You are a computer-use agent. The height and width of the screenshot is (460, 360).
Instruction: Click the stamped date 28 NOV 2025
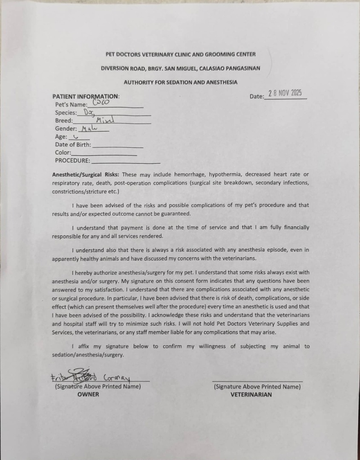click(x=285, y=94)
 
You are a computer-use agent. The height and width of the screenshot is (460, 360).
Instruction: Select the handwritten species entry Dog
click(x=89, y=112)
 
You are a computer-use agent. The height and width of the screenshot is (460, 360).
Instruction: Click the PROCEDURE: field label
click(x=72, y=161)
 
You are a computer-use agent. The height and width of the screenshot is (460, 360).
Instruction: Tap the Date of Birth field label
click(x=73, y=145)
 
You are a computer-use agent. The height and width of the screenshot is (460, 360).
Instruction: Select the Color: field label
click(x=63, y=152)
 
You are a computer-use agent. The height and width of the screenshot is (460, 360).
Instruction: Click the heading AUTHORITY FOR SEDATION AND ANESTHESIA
click(x=181, y=82)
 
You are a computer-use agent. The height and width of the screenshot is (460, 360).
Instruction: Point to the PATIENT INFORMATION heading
click(x=86, y=96)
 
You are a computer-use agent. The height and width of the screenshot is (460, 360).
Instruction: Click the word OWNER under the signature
click(x=88, y=394)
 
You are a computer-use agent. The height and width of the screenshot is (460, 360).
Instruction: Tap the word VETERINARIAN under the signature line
click(x=251, y=394)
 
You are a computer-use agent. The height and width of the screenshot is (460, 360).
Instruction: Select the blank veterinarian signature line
click(x=257, y=381)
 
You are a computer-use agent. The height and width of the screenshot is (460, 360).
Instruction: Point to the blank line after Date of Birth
click(x=118, y=147)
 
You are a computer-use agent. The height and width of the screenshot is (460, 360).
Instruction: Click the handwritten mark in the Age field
click(x=75, y=137)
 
